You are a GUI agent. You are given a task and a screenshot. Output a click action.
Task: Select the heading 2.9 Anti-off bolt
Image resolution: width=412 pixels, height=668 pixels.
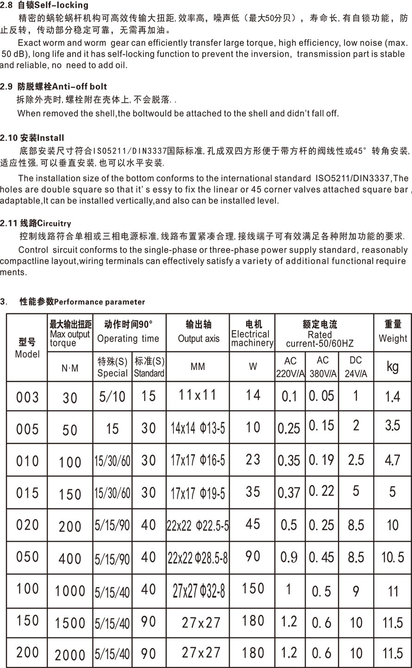click(x=54, y=87)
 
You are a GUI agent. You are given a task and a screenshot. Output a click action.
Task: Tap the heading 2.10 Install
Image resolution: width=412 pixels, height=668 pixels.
click(x=32, y=138)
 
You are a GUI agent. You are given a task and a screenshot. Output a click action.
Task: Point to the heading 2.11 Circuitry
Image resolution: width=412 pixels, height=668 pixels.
click(x=36, y=224)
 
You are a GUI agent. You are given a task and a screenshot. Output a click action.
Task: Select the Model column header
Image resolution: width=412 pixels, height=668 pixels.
click(x=27, y=348)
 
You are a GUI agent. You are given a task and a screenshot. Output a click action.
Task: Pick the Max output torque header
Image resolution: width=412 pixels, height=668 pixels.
click(x=70, y=333)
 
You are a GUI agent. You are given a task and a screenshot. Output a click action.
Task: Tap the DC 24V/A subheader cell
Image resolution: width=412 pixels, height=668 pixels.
click(x=356, y=367)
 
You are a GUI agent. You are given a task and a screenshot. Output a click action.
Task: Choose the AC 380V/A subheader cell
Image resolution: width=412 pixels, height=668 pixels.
click(x=322, y=367)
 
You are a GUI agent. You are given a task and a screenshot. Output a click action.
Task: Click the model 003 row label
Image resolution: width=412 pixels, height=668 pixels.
click(x=27, y=397)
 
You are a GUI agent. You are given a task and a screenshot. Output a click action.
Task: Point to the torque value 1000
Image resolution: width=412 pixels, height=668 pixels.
click(x=70, y=591)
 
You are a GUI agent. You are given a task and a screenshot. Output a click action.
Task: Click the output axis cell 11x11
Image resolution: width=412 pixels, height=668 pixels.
click(x=198, y=395)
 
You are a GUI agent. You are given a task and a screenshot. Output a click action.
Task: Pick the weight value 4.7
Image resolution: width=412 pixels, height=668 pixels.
click(x=392, y=460)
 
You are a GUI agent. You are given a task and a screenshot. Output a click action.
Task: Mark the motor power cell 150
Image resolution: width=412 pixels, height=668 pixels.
click(x=253, y=588)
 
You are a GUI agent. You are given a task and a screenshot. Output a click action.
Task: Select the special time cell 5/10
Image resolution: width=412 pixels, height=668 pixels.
click(x=112, y=397)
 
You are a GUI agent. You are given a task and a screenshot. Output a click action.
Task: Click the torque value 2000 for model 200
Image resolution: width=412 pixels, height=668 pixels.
click(x=70, y=655)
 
